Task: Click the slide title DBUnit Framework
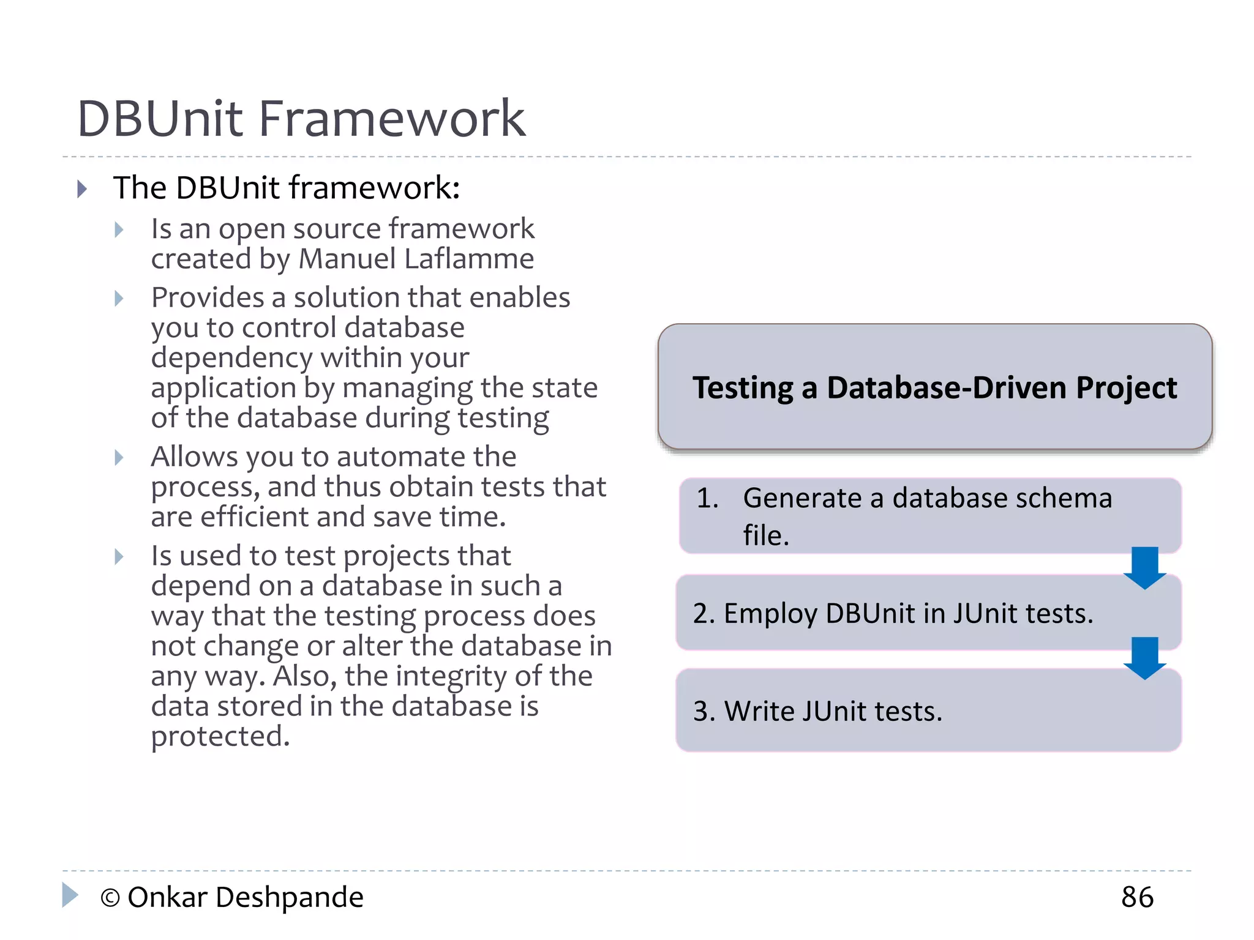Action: (x=301, y=118)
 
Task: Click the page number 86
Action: (x=1137, y=897)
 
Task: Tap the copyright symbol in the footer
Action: (x=110, y=898)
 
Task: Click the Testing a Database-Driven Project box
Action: (x=934, y=387)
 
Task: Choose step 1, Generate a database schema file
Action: (x=929, y=516)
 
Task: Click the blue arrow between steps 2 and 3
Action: (x=1144, y=658)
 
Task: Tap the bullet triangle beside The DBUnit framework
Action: (x=82, y=188)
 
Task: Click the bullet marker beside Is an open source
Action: (x=119, y=230)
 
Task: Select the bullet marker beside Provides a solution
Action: (x=119, y=299)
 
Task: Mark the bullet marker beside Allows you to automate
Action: (x=119, y=458)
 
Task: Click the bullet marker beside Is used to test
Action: (x=119, y=557)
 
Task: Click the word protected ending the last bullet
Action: (x=220, y=736)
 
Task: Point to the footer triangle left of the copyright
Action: (x=70, y=895)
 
